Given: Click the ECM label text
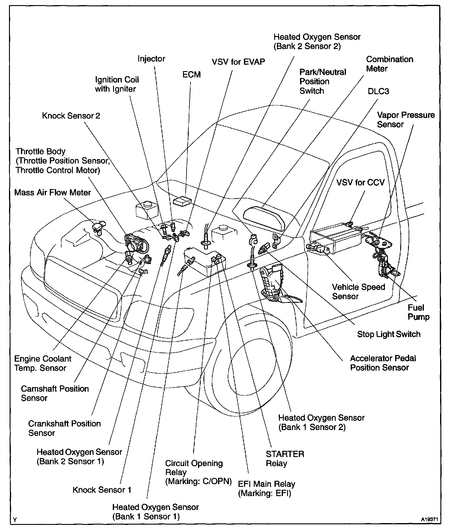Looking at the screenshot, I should [191, 74].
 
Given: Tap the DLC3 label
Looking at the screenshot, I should [378, 91].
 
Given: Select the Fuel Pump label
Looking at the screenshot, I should [418, 312].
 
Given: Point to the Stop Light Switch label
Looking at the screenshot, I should [388, 334].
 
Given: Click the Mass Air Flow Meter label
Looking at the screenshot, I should [52, 192].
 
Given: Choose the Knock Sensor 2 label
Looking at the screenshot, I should [71, 116].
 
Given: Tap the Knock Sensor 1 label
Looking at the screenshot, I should [102, 490].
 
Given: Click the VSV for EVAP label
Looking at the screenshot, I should [238, 62].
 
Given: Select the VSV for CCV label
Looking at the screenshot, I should [360, 182].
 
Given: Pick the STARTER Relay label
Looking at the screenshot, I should [285, 459].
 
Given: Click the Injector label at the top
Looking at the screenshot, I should [151, 59].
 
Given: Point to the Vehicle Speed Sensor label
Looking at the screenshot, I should [358, 291].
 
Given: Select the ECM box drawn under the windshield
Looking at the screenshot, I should [182, 201].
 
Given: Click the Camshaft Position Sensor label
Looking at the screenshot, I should [55, 393].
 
